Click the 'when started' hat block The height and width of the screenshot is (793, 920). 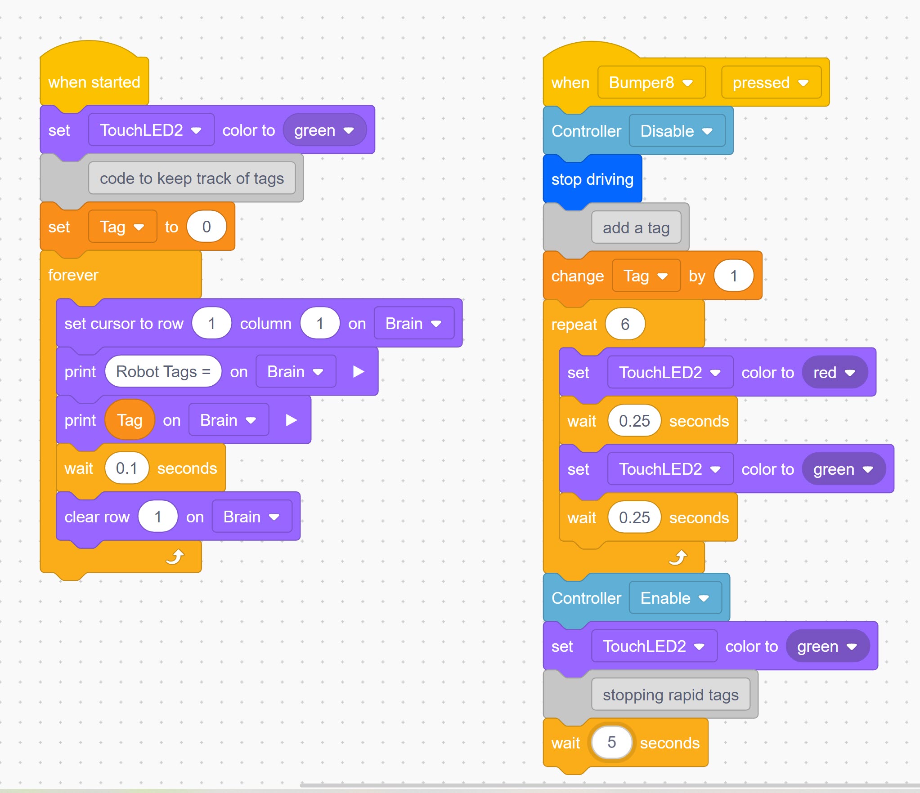pyautogui.click(x=94, y=82)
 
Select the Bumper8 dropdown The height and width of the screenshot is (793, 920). pyautogui.click(x=651, y=83)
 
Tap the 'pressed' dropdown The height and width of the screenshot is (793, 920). pyautogui.click(x=770, y=83)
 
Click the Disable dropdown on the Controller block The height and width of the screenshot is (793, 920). pyautogui.click(x=676, y=131)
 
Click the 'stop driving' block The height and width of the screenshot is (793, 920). pyautogui.click(x=592, y=179)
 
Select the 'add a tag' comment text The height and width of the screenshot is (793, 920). pyautogui.click(x=636, y=228)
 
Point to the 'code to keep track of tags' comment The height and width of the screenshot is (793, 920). pyautogui.click(x=192, y=178)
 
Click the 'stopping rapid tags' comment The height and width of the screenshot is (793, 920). pyautogui.click(x=670, y=695)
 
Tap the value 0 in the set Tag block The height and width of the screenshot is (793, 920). pyautogui.click(x=206, y=227)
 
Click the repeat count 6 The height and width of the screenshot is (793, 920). pyautogui.click(x=625, y=324)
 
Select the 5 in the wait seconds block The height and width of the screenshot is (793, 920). pyautogui.click(x=611, y=742)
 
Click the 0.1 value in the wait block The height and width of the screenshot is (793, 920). pyautogui.click(x=126, y=468)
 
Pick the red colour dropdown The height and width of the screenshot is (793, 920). pyautogui.click(x=834, y=373)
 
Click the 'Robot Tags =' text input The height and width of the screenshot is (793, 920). pyautogui.click(x=163, y=372)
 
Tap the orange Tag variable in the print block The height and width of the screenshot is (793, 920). pyautogui.click(x=130, y=420)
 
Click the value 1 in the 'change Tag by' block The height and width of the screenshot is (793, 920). pyautogui.click(x=733, y=276)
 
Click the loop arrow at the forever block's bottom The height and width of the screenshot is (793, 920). pyautogui.click(x=175, y=557)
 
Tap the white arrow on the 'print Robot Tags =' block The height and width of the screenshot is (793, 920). pyautogui.click(x=358, y=372)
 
